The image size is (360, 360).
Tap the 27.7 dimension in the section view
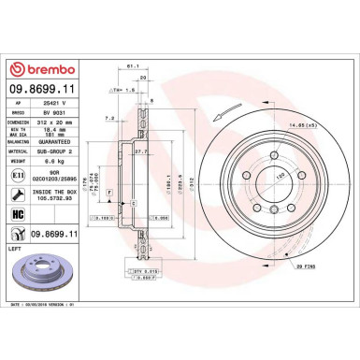[x=140, y=151]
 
